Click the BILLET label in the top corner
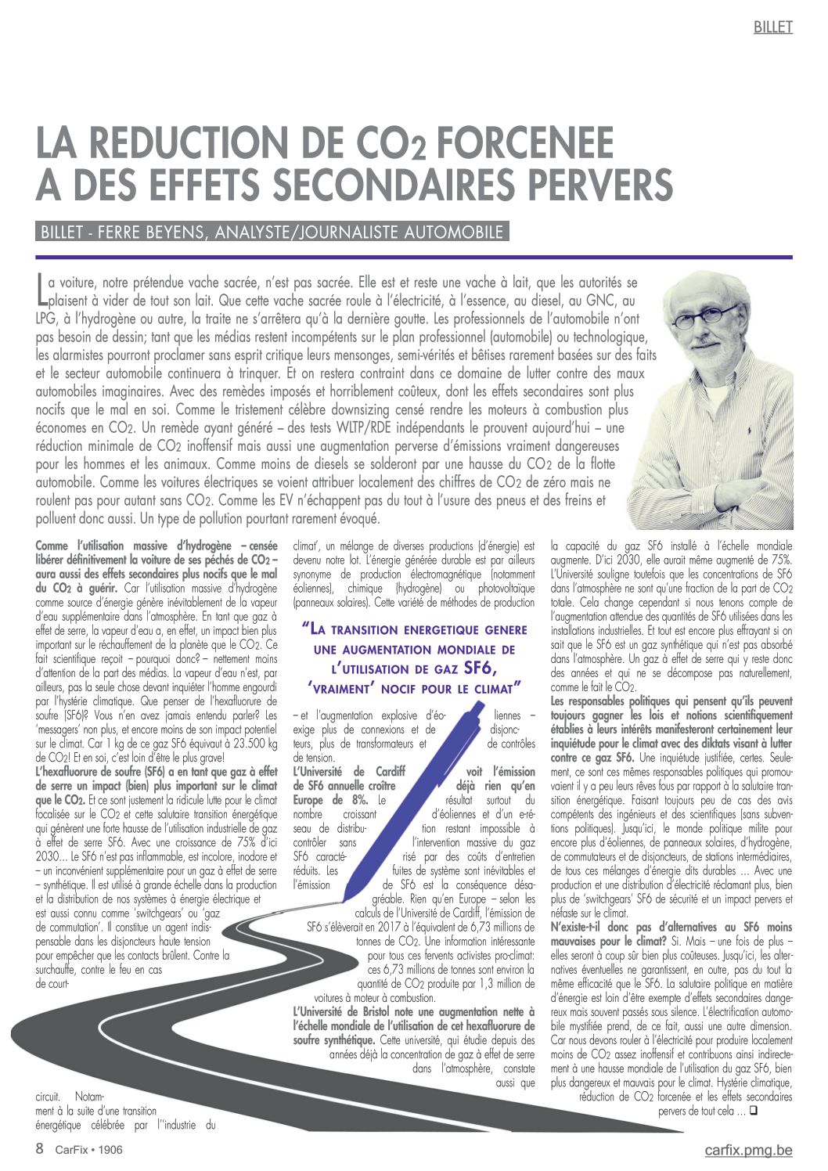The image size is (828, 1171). pos(772,27)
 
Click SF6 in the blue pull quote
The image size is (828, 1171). pos(480,668)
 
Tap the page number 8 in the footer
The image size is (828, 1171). pos(40,1149)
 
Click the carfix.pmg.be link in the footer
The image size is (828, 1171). pos(748,1150)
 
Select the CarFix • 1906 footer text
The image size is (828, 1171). pos(88,1150)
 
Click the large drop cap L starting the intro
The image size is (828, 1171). pos(41,289)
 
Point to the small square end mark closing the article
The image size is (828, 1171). pos(753,1111)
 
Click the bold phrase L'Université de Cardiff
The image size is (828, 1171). pos(349,771)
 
